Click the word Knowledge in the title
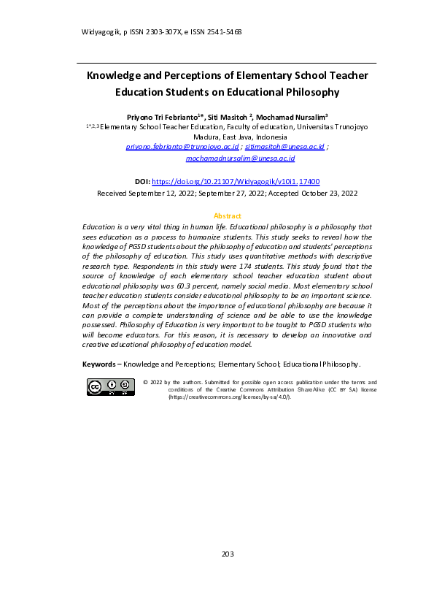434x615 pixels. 117,75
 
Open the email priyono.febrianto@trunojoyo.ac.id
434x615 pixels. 182,146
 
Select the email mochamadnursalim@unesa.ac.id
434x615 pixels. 240,157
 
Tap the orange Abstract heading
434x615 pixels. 227,216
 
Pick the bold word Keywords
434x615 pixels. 98,363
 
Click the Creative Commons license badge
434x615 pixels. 109,387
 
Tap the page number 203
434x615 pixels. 227,554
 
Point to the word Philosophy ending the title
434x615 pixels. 314,92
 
